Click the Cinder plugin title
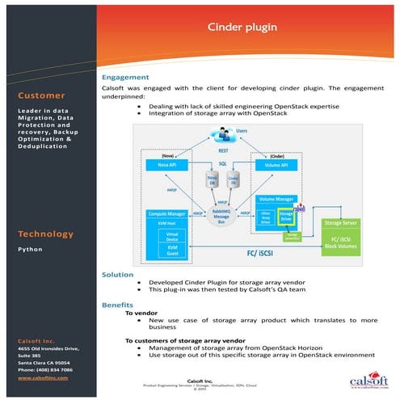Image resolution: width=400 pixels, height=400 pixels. (x=243, y=27)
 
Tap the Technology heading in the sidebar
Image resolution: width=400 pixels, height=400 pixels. (x=44, y=234)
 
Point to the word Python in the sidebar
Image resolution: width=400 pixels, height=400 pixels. (x=31, y=250)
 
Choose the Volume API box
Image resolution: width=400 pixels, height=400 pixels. (x=277, y=165)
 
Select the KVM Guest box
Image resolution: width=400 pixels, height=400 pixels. (x=173, y=251)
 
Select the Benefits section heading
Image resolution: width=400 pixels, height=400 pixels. (x=118, y=305)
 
